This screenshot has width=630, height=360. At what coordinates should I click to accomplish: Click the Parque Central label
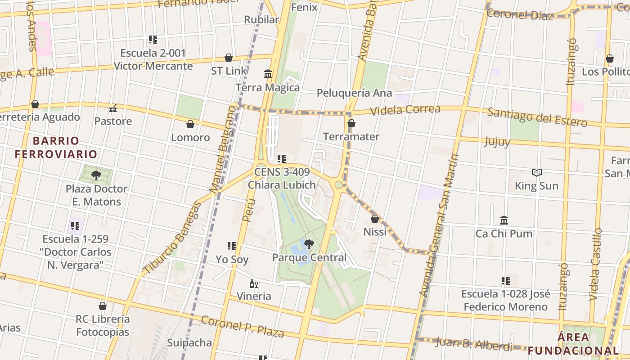309,258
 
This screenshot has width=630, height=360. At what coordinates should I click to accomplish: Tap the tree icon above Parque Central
309,244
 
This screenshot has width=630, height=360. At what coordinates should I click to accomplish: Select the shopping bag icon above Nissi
374,219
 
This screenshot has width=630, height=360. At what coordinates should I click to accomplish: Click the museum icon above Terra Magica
268,74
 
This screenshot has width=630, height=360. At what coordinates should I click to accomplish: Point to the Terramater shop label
351,136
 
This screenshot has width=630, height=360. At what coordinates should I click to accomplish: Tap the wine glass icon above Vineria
254,283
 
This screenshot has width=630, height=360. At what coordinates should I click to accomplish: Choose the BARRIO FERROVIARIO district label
56,148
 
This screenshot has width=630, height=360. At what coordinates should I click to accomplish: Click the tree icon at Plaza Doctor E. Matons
96,175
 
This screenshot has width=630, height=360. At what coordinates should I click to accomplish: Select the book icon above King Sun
536,172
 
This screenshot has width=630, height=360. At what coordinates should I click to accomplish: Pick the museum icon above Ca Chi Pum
504,220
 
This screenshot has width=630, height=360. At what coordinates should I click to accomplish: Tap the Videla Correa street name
405,110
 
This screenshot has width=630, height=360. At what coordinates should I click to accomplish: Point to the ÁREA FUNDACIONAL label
573,344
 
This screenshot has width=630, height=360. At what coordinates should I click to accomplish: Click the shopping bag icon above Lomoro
190,124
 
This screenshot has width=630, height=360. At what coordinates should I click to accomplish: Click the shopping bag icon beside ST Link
229,58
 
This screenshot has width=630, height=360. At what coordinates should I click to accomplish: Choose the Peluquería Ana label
354,93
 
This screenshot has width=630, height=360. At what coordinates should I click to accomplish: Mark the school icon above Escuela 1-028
506,281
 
